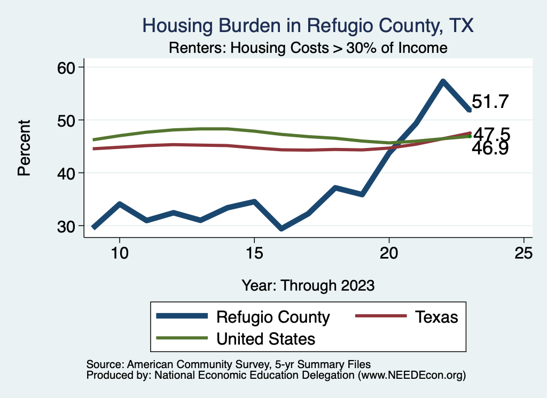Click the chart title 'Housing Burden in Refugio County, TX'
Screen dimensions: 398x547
pos(308,25)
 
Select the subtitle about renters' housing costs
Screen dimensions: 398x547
pos(308,48)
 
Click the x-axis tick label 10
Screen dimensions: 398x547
pos(119,253)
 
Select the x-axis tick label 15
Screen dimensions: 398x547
pos(254,253)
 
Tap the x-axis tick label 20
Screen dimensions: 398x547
pos(389,253)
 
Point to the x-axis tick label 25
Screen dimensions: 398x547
pos(524,253)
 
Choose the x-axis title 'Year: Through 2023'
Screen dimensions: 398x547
pos(308,285)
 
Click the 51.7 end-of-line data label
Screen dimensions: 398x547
pos(490,102)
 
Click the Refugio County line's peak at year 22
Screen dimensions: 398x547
pos(443,82)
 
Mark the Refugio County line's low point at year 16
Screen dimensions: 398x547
pos(281,229)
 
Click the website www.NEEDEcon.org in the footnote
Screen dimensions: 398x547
pos(411,376)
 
